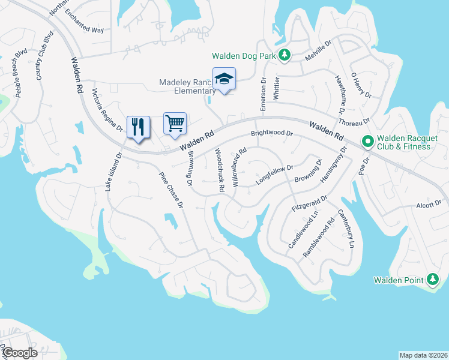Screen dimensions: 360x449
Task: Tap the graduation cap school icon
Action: pos(224,79)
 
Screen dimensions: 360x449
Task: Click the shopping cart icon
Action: pos(175,124)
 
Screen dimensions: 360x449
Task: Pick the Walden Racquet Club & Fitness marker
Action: pos(368,142)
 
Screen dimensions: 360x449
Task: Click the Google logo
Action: pos(19,353)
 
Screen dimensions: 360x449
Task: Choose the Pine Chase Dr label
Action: pos(170,190)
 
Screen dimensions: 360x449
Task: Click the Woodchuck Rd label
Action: pos(220,170)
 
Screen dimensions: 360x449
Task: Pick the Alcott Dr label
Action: pos(429,205)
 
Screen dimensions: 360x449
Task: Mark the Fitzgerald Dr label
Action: pos(310,204)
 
